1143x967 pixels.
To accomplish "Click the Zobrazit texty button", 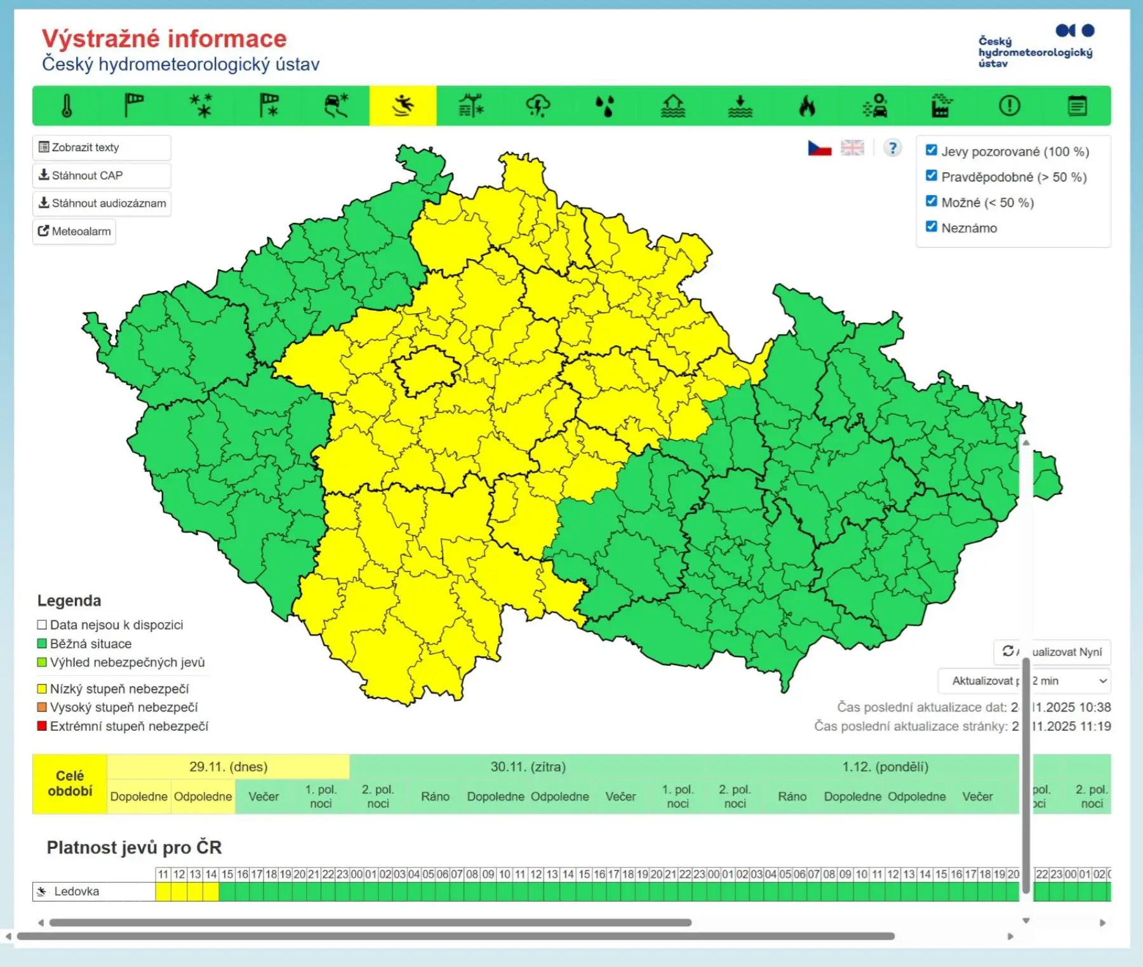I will pyautogui.click(x=101, y=147).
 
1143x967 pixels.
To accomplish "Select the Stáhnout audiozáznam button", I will pyautogui.click(x=102, y=203).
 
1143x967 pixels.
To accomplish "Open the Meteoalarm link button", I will pyautogui.click(x=74, y=231).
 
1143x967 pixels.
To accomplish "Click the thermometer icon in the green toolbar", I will pyautogui.click(x=67, y=105).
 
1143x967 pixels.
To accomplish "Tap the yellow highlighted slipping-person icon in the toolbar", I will pyautogui.click(x=403, y=105).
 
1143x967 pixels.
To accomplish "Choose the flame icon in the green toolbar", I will pyautogui.click(x=807, y=105).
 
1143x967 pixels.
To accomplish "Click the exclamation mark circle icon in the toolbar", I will pyautogui.click(x=1009, y=105).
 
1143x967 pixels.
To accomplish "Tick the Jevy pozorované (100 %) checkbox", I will pyautogui.click(x=932, y=151).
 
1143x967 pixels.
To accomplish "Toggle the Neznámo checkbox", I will pyautogui.click(x=932, y=227).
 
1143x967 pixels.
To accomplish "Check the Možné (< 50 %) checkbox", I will pyautogui.click(x=932, y=201).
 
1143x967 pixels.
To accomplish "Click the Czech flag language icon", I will pyautogui.click(x=819, y=148).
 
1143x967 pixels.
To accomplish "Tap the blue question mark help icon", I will pyautogui.click(x=892, y=148).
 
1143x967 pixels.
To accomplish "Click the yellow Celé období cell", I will pyautogui.click(x=70, y=783).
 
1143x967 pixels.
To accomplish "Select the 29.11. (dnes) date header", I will pyautogui.click(x=228, y=767).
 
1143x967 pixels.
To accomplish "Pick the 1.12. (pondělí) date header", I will pyautogui.click(x=885, y=767).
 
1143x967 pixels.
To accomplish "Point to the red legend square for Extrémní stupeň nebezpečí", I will pyautogui.click(x=42, y=726).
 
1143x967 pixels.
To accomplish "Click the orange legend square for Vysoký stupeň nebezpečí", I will pyautogui.click(x=42, y=707).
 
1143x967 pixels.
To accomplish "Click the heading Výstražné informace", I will pyautogui.click(x=164, y=39).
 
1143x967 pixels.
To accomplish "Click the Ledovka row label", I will pyautogui.click(x=76, y=891).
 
